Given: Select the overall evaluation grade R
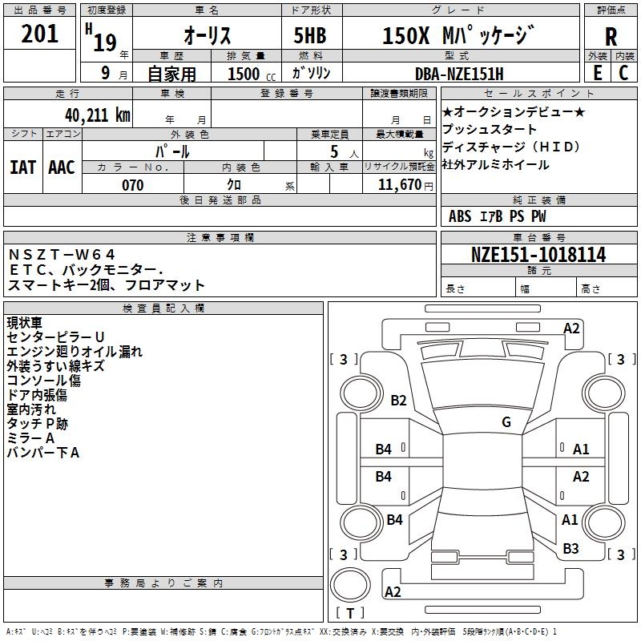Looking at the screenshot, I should [611, 37].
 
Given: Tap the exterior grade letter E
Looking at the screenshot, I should [597, 72].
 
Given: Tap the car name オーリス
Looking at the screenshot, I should [208, 36].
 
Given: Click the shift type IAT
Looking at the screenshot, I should [22, 167].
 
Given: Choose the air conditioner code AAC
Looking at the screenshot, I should [62, 167].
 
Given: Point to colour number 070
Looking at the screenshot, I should [132, 186].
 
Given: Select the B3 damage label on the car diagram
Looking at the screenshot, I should [570, 549].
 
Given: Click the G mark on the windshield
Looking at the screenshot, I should [506, 422].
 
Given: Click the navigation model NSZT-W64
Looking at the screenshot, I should [62, 255].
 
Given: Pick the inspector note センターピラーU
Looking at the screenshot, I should [55, 337].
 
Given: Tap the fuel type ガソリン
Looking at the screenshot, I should [315, 74].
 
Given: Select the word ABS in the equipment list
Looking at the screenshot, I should [460, 216].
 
